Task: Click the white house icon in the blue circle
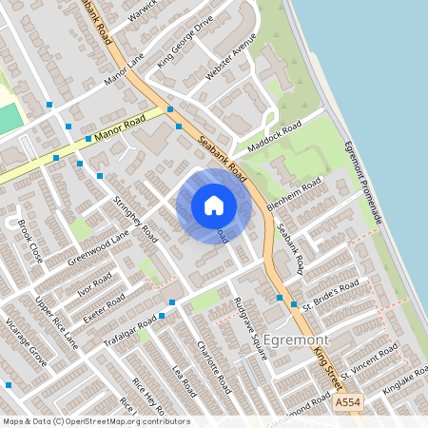214,205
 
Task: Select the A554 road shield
348,403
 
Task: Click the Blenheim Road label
295,197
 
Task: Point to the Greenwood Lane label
98,247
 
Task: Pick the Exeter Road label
104,307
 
